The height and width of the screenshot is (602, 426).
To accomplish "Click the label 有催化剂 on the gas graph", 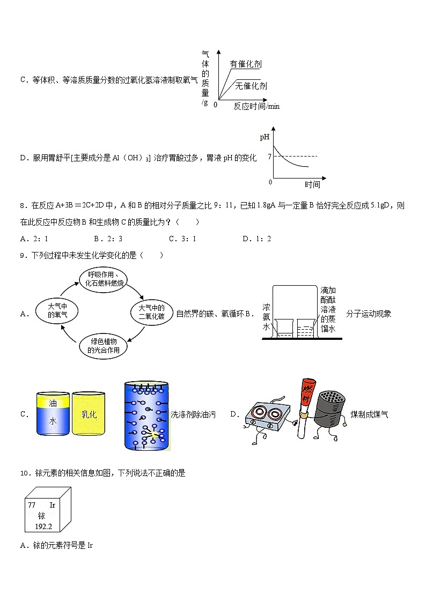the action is pyautogui.click(x=246, y=64).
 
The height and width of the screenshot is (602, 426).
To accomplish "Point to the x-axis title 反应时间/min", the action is pyautogui.click(x=256, y=106).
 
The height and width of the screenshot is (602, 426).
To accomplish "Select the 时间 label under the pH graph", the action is pyautogui.click(x=312, y=184).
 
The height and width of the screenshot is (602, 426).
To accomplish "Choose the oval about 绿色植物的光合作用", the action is pyautogui.click(x=104, y=346).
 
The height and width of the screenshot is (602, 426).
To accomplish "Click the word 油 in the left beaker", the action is pyautogui.click(x=53, y=403).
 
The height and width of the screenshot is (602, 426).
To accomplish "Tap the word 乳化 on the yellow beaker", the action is pyautogui.click(x=89, y=414).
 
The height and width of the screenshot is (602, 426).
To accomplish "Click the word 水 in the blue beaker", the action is pyautogui.click(x=53, y=421).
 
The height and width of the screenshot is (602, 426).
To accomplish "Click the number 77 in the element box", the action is pyautogui.click(x=32, y=505).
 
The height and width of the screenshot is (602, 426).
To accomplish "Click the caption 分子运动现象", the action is pyautogui.click(x=369, y=314).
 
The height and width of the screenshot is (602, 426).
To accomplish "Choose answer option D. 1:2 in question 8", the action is pyautogui.click(x=256, y=239).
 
